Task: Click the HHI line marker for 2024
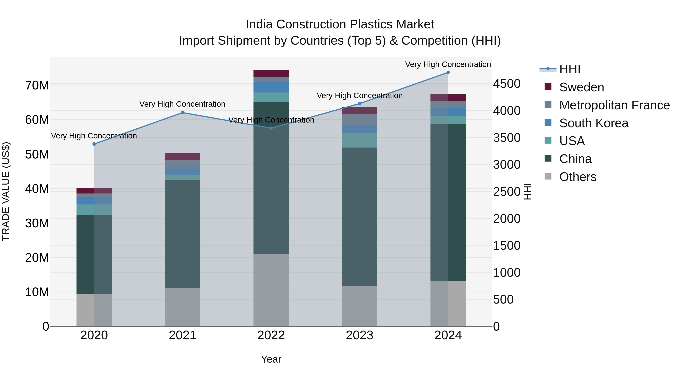click(448, 72)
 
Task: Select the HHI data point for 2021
click(182, 113)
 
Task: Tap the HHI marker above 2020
click(94, 144)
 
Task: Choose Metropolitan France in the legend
click(614, 105)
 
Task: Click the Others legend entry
click(578, 177)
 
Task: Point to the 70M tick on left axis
click(37, 85)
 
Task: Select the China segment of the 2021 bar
click(182, 234)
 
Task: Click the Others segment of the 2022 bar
click(271, 290)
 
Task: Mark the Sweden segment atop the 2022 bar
click(271, 74)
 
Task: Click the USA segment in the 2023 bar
click(359, 140)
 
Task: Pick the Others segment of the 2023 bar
click(359, 306)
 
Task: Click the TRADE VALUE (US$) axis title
click(6, 191)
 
